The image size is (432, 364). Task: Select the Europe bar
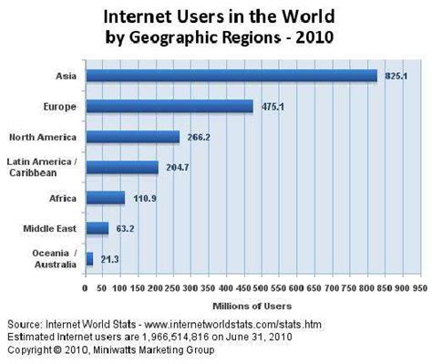(x=169, y=106)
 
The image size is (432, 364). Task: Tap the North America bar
(x=131, y=137)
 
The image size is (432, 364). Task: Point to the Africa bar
(x=104, y=197)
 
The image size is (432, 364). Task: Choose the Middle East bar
(x=97, y=228)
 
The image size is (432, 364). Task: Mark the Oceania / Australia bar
(x=89, y=258)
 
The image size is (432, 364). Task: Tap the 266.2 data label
(x=198, y=137)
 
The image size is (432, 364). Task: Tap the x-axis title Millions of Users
(x=252, y=305)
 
